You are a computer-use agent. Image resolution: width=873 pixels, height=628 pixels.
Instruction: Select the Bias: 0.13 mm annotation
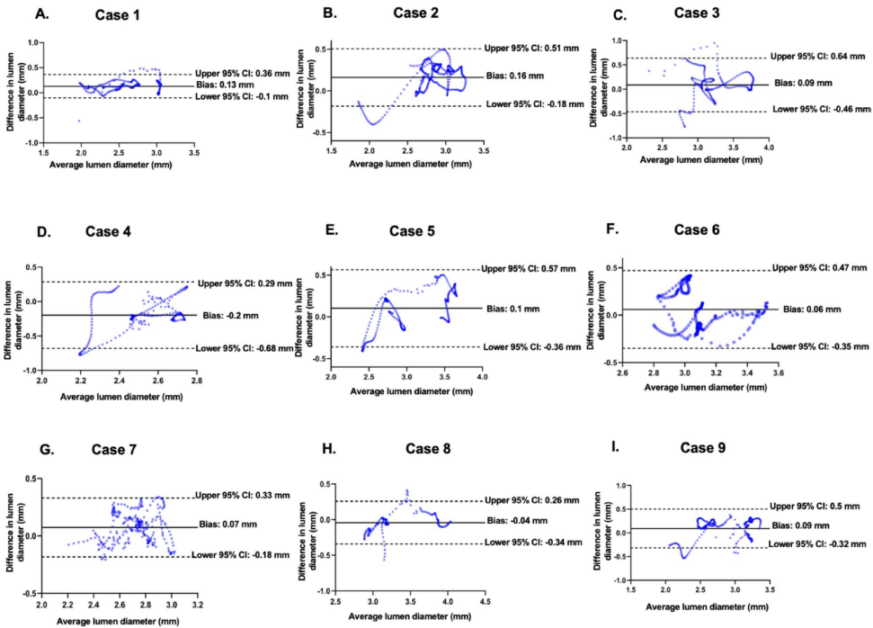coord(227,86)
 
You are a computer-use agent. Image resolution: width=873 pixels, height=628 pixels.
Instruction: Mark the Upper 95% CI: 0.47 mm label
coord(817,268)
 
